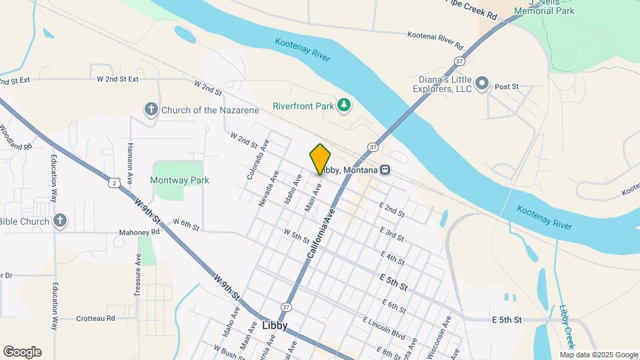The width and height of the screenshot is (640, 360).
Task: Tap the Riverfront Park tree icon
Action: [x=344, y=105]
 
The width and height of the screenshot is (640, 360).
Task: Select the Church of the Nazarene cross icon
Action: [x=151, y=109]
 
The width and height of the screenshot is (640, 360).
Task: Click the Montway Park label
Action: [x=179, y=180]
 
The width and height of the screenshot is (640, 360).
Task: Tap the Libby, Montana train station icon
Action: [x=385, y=170]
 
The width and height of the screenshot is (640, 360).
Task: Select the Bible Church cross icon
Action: [x=60, y=221]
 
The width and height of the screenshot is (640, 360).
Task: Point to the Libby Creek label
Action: [x=567, y=326]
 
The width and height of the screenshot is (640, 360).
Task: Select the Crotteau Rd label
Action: [x=95, y=318]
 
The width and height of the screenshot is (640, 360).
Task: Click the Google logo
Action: [x=22, y=351]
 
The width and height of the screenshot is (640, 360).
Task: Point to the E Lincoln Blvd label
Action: [x=384, y=328]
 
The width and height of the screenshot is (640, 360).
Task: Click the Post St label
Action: [x=507, y=87]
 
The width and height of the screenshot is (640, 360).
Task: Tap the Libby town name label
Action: [x=275, y=326]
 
